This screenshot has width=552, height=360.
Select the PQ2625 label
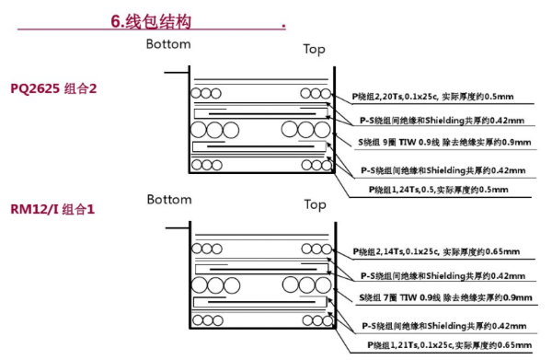point(35,89)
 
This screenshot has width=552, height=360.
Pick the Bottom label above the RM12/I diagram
point(169,199)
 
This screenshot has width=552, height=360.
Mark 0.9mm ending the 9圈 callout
point(515,143)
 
